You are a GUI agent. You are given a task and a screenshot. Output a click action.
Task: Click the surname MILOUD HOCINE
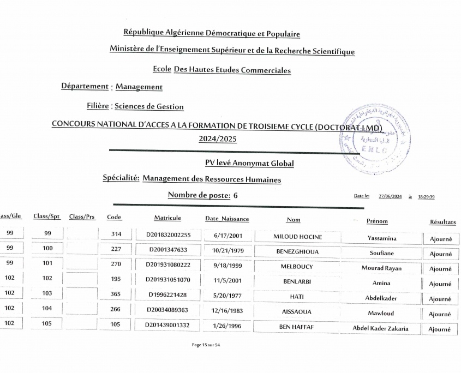point(297,237)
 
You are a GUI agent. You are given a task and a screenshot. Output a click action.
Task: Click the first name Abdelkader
point(381,298)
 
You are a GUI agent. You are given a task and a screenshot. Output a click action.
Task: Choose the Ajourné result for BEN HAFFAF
point(440,329)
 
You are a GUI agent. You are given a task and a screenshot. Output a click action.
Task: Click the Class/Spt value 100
point(47,248)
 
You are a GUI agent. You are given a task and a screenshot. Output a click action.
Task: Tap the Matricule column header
point(167,218)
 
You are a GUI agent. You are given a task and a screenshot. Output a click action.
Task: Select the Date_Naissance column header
point(227,219)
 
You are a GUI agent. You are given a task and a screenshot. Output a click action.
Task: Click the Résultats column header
point(442,222)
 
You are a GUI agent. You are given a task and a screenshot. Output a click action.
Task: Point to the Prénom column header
point(377,221)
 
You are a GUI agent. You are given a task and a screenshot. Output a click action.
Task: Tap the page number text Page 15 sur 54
point(206,345)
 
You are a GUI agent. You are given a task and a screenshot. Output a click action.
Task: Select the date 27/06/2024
point(389,197)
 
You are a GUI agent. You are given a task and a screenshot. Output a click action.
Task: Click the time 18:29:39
point(426,197)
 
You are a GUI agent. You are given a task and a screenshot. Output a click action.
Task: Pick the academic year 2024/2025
point(218,139)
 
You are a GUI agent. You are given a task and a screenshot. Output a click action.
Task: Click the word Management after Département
point(139,87)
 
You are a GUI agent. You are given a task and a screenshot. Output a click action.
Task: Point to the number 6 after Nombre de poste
point(235,195)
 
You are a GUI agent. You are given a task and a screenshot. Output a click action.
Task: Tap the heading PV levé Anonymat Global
point(249,163)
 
